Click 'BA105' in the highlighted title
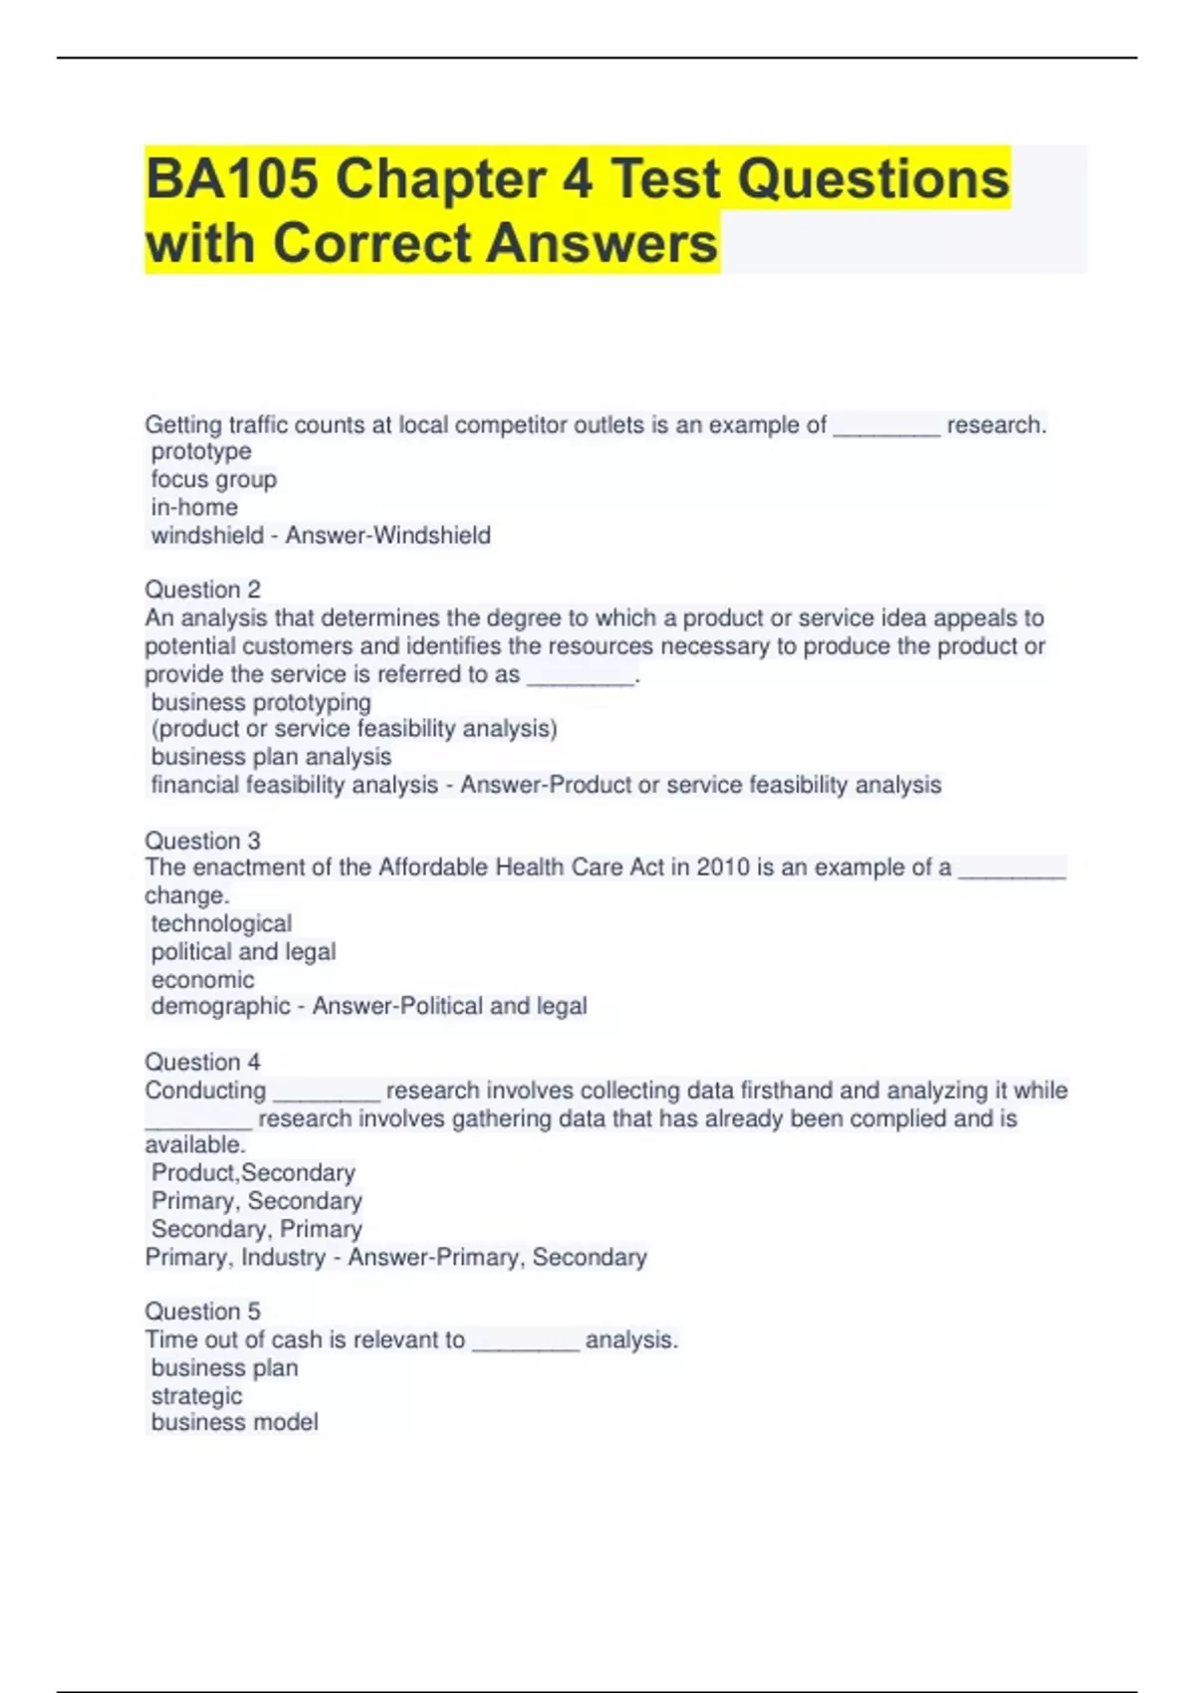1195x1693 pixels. pos(232,179)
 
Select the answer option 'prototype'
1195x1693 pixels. pos(201,451)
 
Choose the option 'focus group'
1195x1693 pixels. pos(214,479)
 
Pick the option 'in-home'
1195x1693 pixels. pos(194,507)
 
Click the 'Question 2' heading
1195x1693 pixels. pos(202,590)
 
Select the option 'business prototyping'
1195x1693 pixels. pos(261,702)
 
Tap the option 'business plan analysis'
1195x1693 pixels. pos(271,757)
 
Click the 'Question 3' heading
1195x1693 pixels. pos(202,841)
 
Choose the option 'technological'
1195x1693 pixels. pos(221,923)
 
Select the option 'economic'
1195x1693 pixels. pos(202,979)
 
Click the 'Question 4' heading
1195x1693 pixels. pos(202,1062)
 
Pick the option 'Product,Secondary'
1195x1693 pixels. pos(253,1172)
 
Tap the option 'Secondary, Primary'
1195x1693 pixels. pos(256,1229)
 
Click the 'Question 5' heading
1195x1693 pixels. pos(202,1312)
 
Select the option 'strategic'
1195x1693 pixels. pos(196,1396)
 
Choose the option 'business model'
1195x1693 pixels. pos(234,1422)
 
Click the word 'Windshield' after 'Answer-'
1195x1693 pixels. pos(437,536)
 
